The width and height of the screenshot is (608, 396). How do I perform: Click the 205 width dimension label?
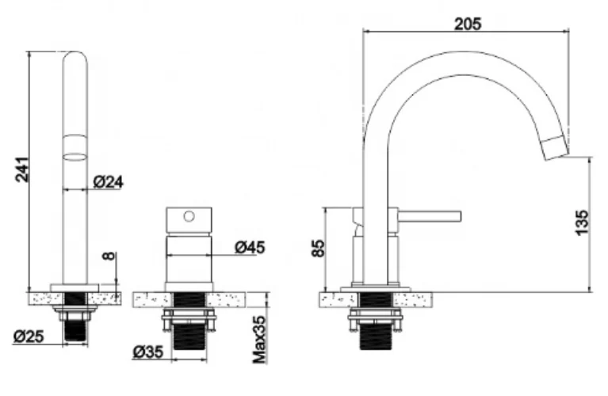[x=468, y=24]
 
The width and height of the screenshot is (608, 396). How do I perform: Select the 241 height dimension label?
[x=22, y=169]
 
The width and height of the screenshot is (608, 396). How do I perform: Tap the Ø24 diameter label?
[x=108, y=181]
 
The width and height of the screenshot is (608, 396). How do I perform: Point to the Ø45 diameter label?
[x=250, y=247]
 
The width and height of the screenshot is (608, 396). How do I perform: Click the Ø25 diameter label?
[x=29, y=337]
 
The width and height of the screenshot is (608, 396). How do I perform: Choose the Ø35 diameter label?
[x=147, y=352]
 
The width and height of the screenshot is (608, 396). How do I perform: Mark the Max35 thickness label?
[x=260, y=340]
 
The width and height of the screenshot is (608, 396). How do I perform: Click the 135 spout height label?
[x=582, y=223]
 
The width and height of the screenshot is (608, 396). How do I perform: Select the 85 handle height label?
[x=318, y=248]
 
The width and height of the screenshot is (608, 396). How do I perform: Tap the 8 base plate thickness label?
[x=109, y=256]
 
